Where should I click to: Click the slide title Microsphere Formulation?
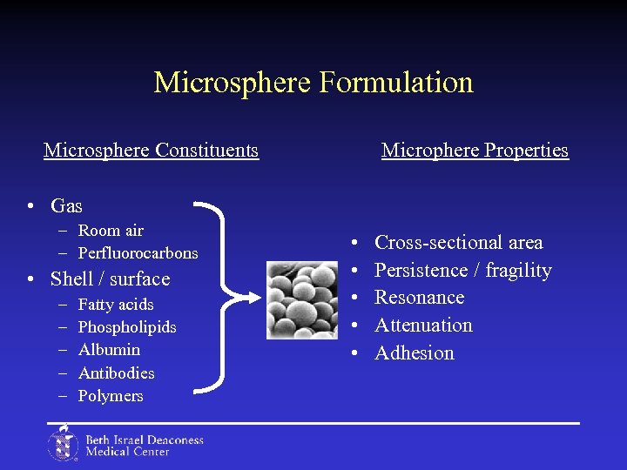(313, 83)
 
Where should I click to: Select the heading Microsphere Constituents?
(151, 151)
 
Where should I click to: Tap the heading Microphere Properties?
(475, 151)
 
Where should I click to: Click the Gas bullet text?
(66, 206)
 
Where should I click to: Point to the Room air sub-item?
(111, 231)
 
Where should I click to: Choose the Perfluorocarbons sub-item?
(138, 253)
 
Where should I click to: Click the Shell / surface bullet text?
(110, 279)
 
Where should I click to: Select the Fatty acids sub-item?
(115, 305)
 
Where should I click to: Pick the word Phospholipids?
(127, 327)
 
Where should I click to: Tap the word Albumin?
(109, 350)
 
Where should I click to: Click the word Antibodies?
(116, 373)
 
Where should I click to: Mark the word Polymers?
(111, 396)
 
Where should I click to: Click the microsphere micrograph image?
(301, 300)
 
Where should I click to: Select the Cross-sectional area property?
(458, 243)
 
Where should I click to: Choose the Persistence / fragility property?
(462, 271)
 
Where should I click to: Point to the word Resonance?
(419, 298)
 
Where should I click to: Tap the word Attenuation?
(423, 326)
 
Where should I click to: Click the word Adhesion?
(414, 353)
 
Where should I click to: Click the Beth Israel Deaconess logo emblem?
(63, 443)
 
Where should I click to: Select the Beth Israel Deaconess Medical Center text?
(144, 446)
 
